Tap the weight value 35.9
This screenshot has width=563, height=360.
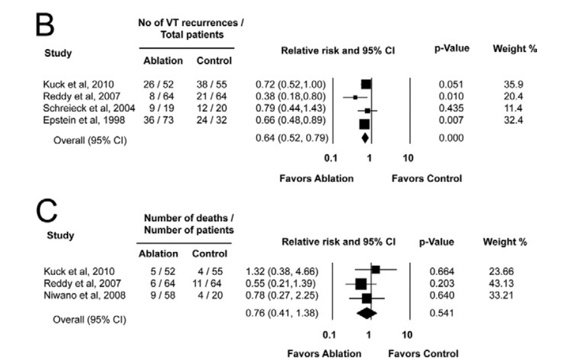click(506, 84)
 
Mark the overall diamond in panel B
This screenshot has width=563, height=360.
click(365, 137)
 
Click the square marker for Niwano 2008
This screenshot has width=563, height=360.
click(366, 297)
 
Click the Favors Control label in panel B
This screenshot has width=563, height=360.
click(426, 179)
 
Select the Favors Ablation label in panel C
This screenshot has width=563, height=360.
click(324, 353)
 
